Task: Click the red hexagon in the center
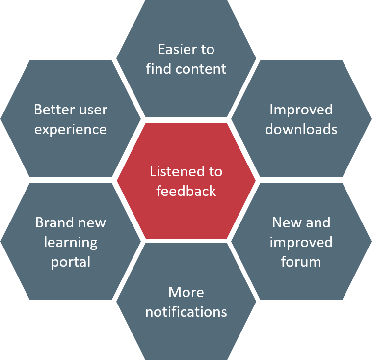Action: click(186, 181)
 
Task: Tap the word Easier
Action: click(178, 50)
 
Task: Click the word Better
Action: click(54, 110)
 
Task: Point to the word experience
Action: click(71, 130)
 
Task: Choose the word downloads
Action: click(301, 129)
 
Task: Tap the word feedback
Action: click(186, 191)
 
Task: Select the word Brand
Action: click(54, 222)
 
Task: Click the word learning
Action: click(71, 243)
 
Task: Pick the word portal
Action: click(71, 262)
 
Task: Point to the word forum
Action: click(301, 262)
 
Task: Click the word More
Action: click(186, 292)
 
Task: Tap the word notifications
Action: click(186, 312)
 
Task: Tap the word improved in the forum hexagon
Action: click(301, 243)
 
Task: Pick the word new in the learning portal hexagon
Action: click(92, 223)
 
